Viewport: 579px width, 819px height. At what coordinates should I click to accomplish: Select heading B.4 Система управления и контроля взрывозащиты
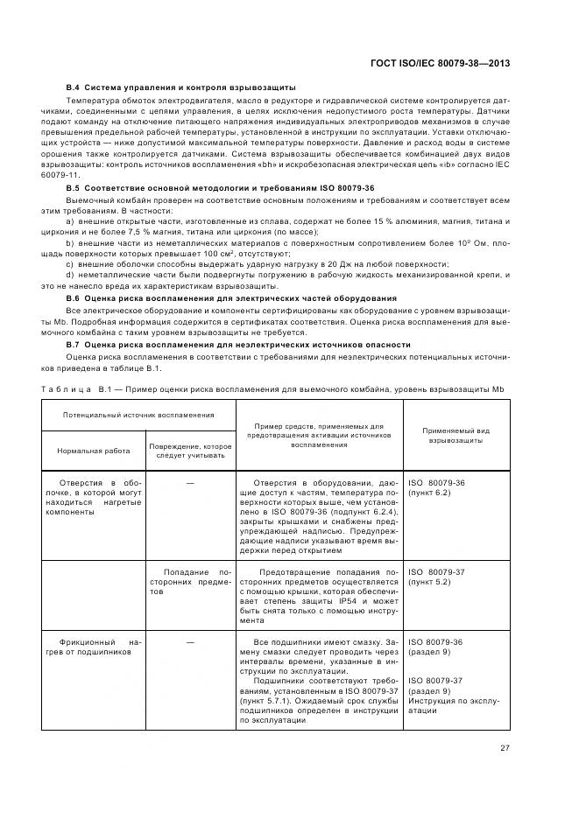[180, 88]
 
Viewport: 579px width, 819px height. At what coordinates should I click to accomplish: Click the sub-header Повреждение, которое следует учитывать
[189, 451]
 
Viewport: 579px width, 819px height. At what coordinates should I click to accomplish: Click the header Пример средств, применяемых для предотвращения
[319, 435]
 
